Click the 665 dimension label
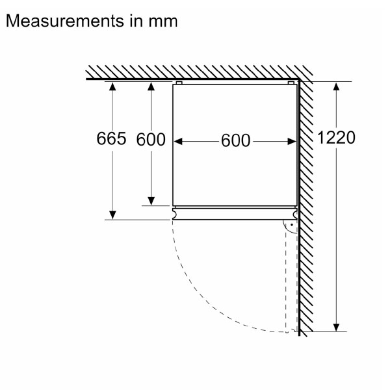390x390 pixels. click(110, 139)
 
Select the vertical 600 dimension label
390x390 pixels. click(151, 139)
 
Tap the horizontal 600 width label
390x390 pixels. click(235, 140)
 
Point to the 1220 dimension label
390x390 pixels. click(337, 138)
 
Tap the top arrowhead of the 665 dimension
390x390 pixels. click(112, 86)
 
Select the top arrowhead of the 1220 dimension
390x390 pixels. click(336, 86)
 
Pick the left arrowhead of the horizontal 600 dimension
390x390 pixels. click(180, 140)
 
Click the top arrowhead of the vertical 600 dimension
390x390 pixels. click(151, 86)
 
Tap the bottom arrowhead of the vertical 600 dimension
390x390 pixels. click(151, 201)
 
